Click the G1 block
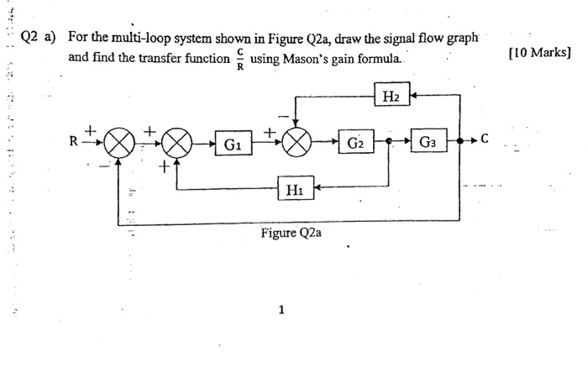[x=230, y=144]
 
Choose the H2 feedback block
[x=391, y=97]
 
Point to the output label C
[x=486, y=139]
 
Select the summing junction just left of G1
[x=176, y=144]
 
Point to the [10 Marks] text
[x=540, y=53]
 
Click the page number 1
[x=281, y=309]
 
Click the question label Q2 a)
[x=39, y=38]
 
